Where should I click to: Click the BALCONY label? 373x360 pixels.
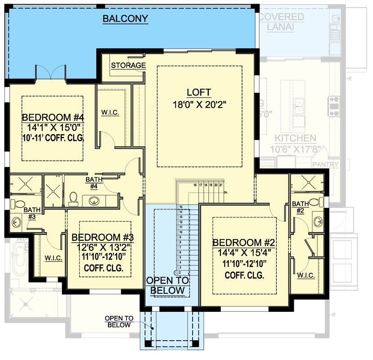(126, 18)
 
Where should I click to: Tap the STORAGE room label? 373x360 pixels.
(129, 66)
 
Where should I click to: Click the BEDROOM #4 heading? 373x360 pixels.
(54, 118)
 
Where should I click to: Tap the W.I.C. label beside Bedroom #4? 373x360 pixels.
(110, 112)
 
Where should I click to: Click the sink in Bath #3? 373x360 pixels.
(17, 221)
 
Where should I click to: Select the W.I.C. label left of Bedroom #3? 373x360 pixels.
(53, 258)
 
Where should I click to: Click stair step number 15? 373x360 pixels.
(181, 207)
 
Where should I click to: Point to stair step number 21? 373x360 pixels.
(221, 185)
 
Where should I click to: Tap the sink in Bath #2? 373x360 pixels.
(319, 221)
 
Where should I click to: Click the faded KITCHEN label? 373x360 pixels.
(296, 138)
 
